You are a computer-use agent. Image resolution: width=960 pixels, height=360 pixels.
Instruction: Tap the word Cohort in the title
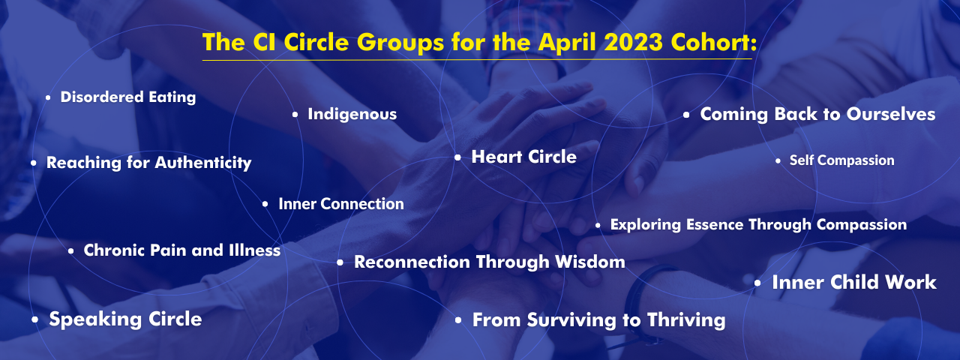[x=712, y=42]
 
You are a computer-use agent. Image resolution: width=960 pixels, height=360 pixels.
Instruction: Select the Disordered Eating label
[x=128, y=97]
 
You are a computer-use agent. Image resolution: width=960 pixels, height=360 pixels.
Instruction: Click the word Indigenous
[x=352, y=115]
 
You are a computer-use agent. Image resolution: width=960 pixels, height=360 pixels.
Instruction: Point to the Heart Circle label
[x=523, y=157]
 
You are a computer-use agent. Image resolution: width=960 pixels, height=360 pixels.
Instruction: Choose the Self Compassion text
[x=841, y=160]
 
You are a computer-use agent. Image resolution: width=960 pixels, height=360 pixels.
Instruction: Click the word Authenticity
[x=203, y=163]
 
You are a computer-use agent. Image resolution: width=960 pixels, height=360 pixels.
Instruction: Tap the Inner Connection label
[x=341, y=204]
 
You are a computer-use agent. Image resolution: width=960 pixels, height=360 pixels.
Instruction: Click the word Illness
[x=254, y=250]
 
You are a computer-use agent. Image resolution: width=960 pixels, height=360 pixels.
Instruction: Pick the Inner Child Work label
[x=854, y=283]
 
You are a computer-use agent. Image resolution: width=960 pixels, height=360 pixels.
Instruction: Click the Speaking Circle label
[x=125, y=319]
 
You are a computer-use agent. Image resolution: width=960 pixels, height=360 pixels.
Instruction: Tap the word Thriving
[x=686, y=320]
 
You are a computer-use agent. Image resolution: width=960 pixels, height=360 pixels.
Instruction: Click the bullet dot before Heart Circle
[x=457, y=157]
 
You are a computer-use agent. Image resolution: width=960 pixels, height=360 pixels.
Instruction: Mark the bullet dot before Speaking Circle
[x=34, y=319]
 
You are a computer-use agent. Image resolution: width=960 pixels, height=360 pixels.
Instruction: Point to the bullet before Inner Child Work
[x=757, y=283]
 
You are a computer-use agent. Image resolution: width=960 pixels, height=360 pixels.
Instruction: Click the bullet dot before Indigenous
[x=295, y=115]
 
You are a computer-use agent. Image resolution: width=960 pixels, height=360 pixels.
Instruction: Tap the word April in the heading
[x=566, y=43]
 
